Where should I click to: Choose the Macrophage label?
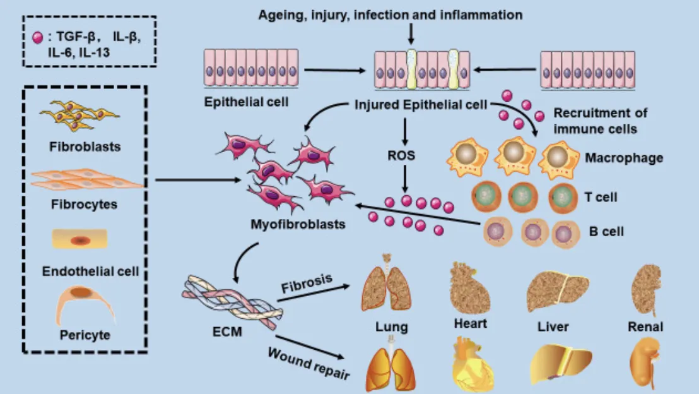click(623, 157)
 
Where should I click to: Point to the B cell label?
click(606, 231)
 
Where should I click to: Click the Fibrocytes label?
click(84, 205)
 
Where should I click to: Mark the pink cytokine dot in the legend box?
click(38, 37)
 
